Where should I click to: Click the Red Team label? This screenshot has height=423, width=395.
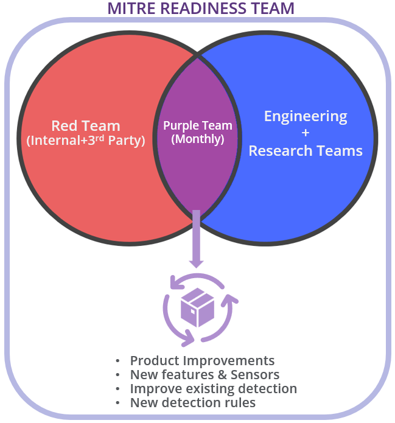point(85,126)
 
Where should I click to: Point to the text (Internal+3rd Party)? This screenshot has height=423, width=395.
point(85,141)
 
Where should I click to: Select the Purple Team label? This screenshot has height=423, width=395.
point(198,126)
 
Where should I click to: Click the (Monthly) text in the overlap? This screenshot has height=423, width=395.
point(198,139)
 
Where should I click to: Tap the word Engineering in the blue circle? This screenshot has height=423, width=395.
point(306,116)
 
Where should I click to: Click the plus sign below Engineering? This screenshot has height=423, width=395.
point(306,133)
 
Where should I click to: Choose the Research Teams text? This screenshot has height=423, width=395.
point(306,150)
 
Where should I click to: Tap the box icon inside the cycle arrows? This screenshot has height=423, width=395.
point(198,307)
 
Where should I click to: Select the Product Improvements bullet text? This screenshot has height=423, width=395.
point(202,360)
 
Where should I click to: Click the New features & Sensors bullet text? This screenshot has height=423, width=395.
point(204,375)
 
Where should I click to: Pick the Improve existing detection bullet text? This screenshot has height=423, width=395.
point(213,389)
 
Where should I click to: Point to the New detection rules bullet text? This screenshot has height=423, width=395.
point(192,403)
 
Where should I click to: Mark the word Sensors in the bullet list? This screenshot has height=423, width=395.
point(256,375)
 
